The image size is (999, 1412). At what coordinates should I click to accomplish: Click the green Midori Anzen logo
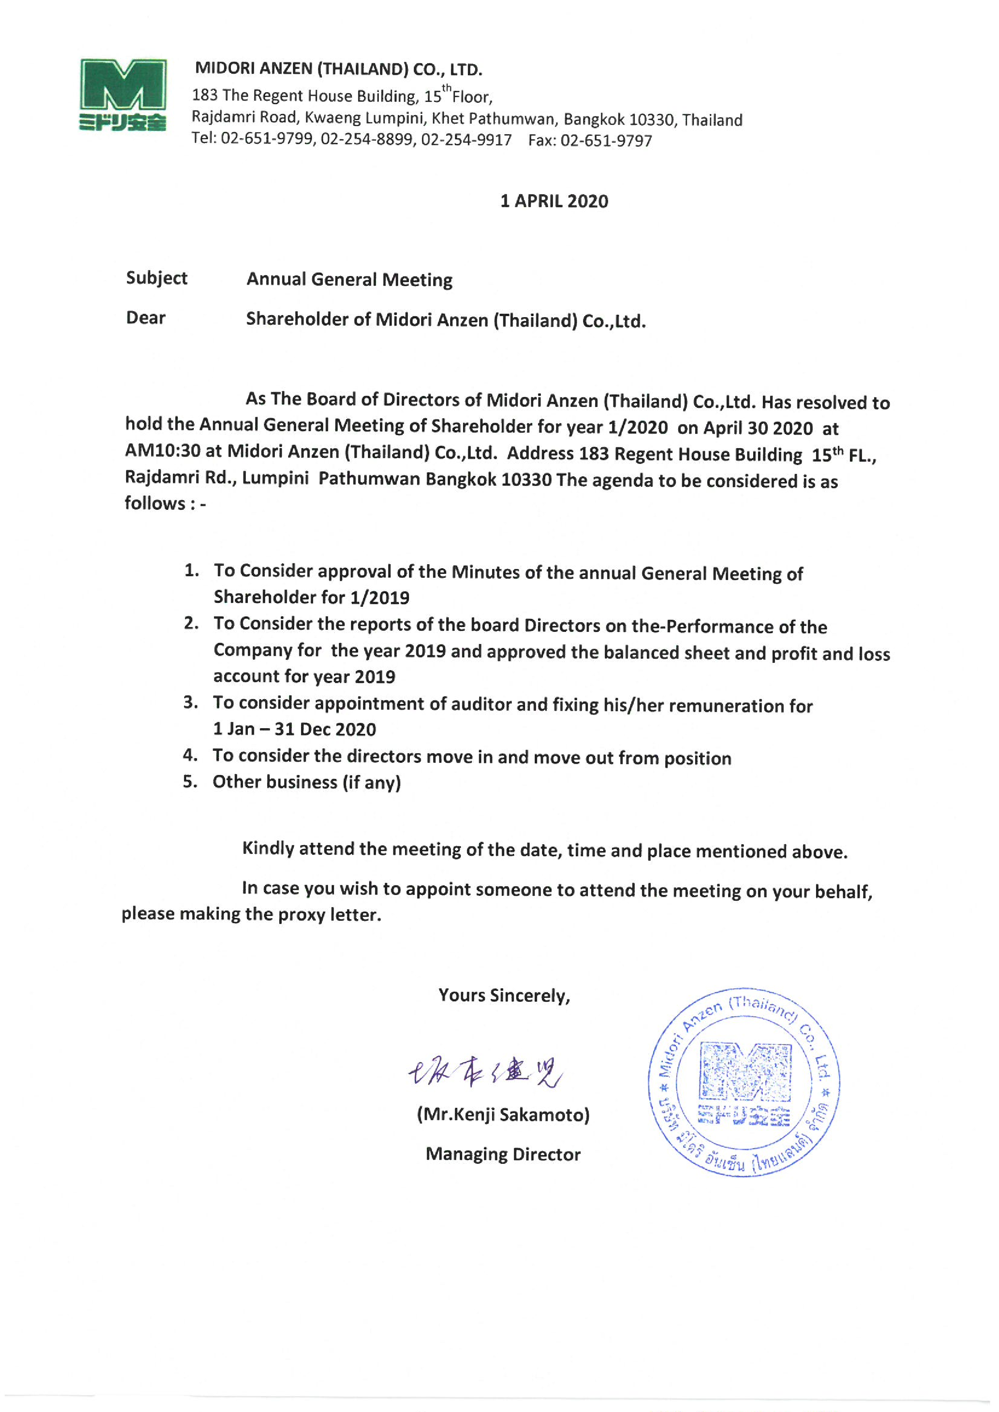point(123,94)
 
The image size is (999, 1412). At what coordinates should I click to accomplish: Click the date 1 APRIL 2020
point(554,201)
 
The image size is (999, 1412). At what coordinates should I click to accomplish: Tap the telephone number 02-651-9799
point(267,139)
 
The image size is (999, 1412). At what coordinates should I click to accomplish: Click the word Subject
point(156,278)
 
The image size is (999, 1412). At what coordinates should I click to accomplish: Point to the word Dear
point(146,318)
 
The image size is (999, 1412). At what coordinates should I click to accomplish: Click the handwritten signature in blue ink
point(484,1073)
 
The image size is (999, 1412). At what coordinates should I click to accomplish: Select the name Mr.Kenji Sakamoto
point(503,1114)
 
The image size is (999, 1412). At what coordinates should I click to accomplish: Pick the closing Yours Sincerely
point(504,995)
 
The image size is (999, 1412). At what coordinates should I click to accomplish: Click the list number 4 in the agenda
point(190,755)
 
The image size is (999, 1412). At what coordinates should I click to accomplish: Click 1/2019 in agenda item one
point(380,597)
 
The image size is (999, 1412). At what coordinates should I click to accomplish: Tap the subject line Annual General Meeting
point(349,280)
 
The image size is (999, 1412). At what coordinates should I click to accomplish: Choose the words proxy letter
point(329,914)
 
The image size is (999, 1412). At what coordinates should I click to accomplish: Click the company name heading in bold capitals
point(339,69)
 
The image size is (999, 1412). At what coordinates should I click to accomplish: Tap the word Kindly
point(268,849)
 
